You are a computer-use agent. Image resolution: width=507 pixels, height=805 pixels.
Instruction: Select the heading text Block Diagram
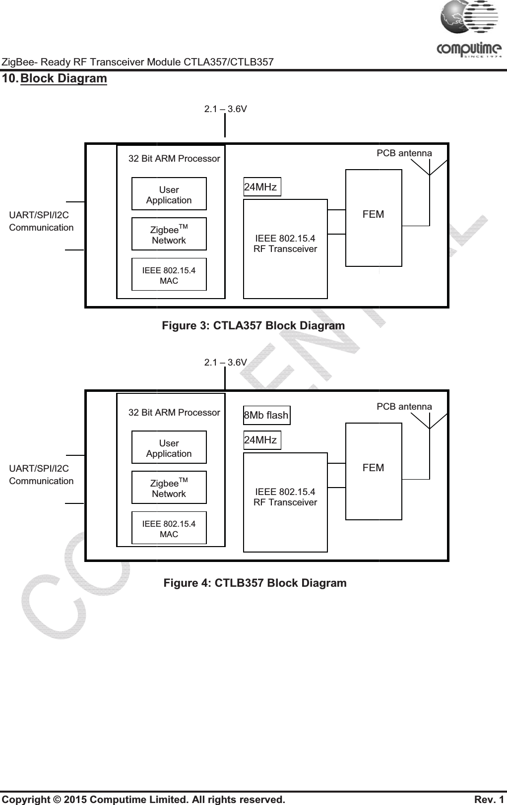pos(63,78)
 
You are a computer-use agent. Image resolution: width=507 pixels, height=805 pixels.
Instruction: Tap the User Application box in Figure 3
pos(169,194)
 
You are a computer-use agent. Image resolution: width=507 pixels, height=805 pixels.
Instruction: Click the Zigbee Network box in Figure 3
pos(169,235)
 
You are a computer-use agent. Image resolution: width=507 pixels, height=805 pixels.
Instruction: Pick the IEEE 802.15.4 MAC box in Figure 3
pos(169,275)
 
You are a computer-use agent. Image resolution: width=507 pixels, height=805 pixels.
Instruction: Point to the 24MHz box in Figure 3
pos(261,187)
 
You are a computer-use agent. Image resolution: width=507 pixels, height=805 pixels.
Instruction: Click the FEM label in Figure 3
pos(373,214)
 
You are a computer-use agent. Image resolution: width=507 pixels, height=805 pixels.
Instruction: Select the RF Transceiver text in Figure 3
pos(285,249)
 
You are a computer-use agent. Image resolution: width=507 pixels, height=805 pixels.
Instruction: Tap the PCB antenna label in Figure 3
pos(404,153)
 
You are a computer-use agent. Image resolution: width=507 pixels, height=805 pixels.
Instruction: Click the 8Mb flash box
pos(266,415)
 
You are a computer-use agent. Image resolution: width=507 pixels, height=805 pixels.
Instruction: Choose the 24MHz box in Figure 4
pos(261,440)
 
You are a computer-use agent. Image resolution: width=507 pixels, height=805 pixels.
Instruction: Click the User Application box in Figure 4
pos(169,448)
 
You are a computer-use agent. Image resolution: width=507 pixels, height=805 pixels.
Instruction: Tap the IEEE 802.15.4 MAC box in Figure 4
pos(169,529)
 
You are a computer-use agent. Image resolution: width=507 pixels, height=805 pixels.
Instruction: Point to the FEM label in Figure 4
pos(373,468)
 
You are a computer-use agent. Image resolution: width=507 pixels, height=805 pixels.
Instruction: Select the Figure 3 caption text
pos(253,326)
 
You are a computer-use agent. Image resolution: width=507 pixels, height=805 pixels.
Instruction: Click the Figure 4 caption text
pos(255,583)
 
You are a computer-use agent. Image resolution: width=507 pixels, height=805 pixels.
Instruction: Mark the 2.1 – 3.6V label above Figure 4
pos(226,362)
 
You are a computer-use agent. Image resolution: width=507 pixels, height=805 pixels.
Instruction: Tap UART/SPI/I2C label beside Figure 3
pos(39,215)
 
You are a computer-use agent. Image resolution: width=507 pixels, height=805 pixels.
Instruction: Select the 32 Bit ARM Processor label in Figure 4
pos(174,412)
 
